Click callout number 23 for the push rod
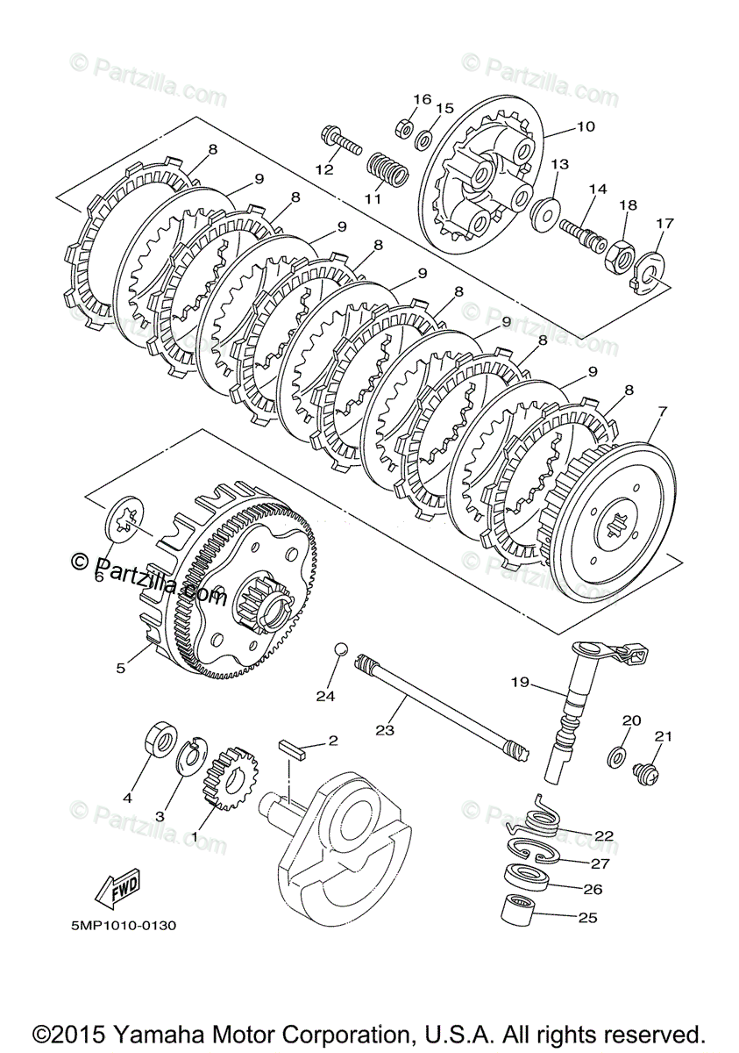tap(385, 729)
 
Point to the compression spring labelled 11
tap(387, 169)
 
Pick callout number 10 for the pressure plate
tap(585, 126)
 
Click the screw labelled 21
tap(644, 769)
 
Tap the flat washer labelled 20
tap(616, 756)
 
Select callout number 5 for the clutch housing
tap(121, 668)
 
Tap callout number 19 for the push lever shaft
tap(521, 682)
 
